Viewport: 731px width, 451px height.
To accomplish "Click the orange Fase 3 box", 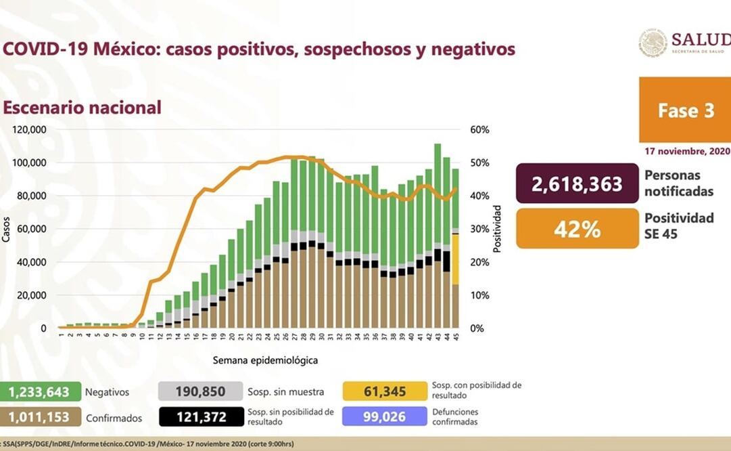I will (685, 110).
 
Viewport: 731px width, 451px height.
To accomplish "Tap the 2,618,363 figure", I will (577, 184).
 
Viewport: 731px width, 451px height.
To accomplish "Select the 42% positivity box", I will (577, 229).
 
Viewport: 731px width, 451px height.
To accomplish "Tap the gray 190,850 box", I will (200, 391).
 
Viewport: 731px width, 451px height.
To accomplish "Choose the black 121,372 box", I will (200, 417).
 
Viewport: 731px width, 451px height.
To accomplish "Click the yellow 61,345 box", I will (385, 391).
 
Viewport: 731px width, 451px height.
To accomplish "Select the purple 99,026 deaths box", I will (385, 417).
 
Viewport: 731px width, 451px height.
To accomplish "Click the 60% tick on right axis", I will (479, 129).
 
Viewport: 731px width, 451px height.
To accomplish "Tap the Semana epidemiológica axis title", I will (265, 360).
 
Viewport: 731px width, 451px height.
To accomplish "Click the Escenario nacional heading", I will (82, 108).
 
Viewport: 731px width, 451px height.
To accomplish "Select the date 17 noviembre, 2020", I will (686, 151).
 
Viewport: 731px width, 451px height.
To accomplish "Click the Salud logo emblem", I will (652, 43).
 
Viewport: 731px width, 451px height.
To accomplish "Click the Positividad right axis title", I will (497, 228).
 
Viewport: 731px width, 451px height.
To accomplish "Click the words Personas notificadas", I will (678, 184).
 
